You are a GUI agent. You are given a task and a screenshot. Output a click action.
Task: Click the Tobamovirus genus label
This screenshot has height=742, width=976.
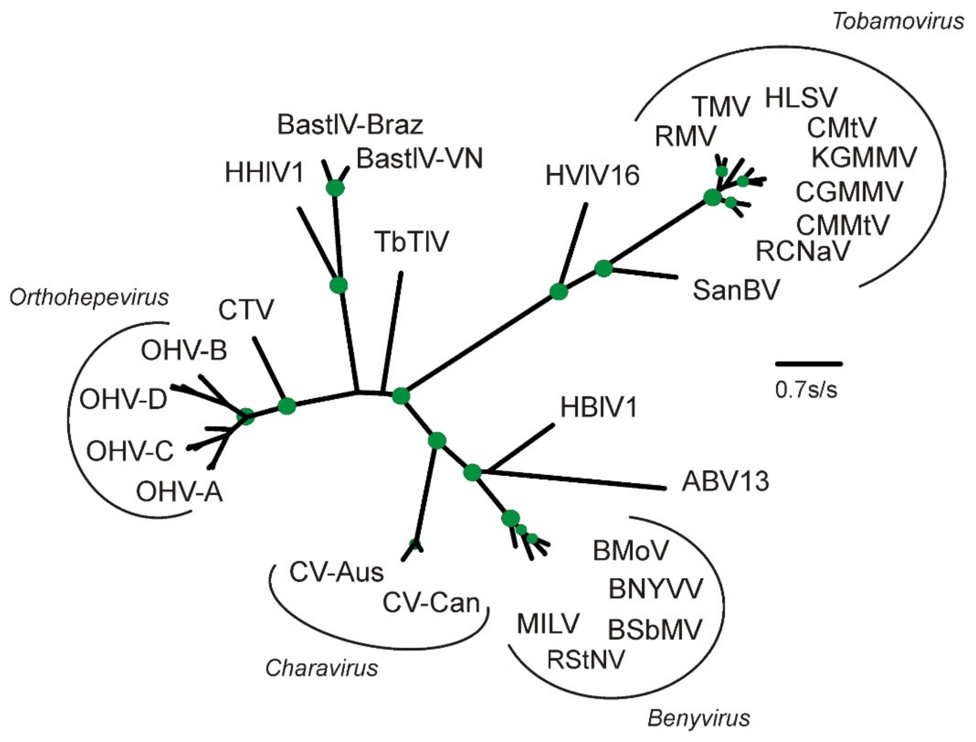898,21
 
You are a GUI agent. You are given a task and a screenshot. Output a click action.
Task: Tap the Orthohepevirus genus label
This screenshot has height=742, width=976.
89,298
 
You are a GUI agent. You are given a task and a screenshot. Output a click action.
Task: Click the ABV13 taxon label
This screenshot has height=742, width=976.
725,482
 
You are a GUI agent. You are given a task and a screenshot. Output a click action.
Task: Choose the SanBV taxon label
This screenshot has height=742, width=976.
736,290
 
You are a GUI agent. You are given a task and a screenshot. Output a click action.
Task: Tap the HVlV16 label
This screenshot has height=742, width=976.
592,175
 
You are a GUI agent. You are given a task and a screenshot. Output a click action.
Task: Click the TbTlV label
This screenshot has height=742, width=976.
411,242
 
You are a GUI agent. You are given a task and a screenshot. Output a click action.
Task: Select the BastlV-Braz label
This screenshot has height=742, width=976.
350,125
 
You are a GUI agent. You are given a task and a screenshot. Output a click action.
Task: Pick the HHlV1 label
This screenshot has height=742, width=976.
264,172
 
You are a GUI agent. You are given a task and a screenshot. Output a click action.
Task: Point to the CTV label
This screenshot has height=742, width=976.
246,310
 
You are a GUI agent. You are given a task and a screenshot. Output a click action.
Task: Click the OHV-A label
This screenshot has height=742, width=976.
179,492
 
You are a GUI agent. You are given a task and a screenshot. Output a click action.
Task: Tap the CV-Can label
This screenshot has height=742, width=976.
431,603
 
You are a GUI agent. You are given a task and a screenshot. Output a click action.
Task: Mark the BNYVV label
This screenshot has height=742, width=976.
655,589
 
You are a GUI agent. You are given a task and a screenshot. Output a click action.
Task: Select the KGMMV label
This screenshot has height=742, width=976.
864,157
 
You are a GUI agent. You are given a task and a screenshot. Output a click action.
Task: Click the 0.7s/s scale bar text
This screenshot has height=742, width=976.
806,390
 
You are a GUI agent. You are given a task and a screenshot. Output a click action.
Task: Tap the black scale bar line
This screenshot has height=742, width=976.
809,364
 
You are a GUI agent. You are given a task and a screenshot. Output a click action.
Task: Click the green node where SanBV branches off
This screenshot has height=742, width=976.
603,269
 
